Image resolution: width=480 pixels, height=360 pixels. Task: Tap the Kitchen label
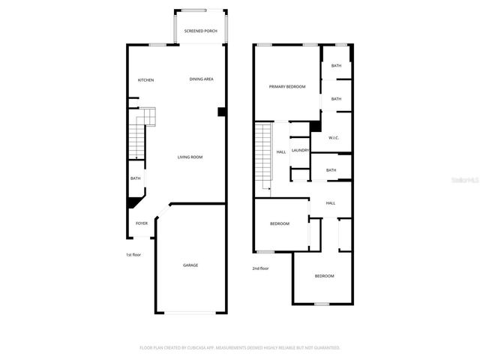[145, 79]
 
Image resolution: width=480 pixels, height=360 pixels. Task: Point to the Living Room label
[190, 157]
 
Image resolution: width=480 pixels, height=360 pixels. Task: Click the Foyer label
[141, 223]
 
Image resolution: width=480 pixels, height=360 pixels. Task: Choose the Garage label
[190, 265]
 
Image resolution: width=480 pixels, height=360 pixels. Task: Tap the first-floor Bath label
[136, 178]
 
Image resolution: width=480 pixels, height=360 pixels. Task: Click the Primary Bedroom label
[287, 87]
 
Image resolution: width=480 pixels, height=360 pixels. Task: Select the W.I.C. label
[334, 137]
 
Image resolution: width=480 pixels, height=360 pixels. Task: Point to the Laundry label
[301, 150]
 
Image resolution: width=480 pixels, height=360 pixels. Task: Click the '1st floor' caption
[133, 255]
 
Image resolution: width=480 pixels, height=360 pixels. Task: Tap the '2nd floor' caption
[260, 268]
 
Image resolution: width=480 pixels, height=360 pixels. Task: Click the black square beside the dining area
[221, 112]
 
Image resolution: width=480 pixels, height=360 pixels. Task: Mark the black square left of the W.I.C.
[315, 127]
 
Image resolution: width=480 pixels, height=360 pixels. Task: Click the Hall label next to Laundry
[281, 151]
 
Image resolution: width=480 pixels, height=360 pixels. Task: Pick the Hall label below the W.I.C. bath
[331, 203]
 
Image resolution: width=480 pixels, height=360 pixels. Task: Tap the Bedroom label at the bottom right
[324, 276]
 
